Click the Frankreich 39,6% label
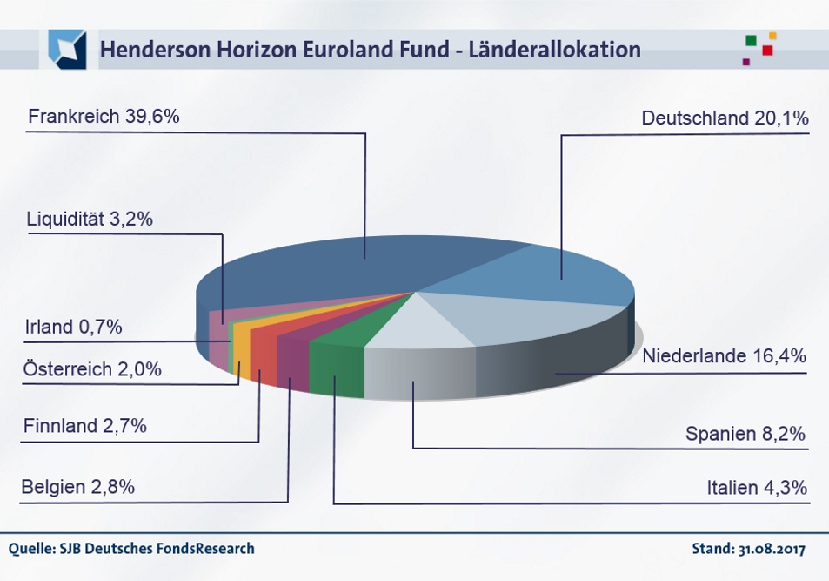tap(104, 116)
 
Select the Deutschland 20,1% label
tap(725, 118)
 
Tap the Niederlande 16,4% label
tap(725, 356)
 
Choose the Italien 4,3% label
tap(757, 488)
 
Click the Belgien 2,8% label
tap(77, 487)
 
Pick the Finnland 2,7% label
tap(85, 427)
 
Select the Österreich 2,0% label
tap(92, 369)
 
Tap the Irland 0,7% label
tap(73, 328)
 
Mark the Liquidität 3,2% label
tap(90, 219)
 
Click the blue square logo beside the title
tap(67, 49)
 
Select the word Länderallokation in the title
tap(554, 50)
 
